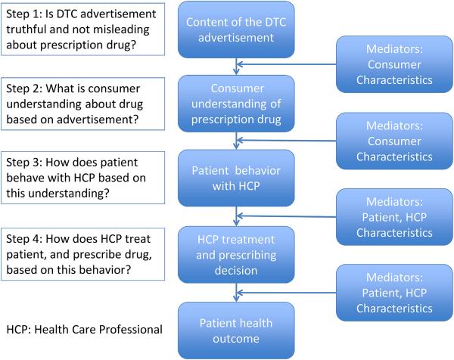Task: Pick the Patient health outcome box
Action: point(238,328)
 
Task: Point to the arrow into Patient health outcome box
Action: point(238,291)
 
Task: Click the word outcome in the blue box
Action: point(238,337)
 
